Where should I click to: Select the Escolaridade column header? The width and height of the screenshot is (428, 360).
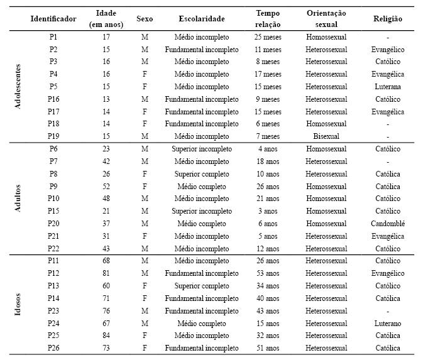[x=202, y=19]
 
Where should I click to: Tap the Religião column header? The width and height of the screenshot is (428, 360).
[x=387, y=19]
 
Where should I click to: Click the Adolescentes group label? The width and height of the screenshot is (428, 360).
[x=18, y=86]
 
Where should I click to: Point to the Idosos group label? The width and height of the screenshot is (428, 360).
[x=18, y=310]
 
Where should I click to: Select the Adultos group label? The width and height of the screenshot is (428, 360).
[x=18, y=199]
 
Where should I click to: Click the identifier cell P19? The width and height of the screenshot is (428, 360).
[x=53, y=136]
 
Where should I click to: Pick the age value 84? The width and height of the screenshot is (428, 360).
[x=106, y=335]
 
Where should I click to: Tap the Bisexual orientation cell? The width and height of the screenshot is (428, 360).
[x=326, y=136]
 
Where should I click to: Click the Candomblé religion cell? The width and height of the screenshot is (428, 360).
[x=387, y=224]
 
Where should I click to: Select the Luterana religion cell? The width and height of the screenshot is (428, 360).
[x=387, y=87]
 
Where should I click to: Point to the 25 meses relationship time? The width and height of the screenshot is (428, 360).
[x=267, y=37]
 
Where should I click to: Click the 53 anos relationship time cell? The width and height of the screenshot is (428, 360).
[x=267, y=273]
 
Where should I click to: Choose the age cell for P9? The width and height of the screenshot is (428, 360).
[x=106, y=187]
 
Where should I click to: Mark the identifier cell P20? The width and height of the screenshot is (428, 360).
[x=53, y=224]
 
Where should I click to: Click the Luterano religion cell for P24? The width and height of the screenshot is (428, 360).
[x=387, y=323]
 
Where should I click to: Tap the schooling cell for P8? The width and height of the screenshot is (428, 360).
[x=202, y=174]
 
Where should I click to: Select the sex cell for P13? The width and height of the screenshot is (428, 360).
[x=145, y=286]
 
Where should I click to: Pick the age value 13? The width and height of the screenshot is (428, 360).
[x=106, y=99]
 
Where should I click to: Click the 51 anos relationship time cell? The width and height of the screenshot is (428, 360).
[x=267, y=348]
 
